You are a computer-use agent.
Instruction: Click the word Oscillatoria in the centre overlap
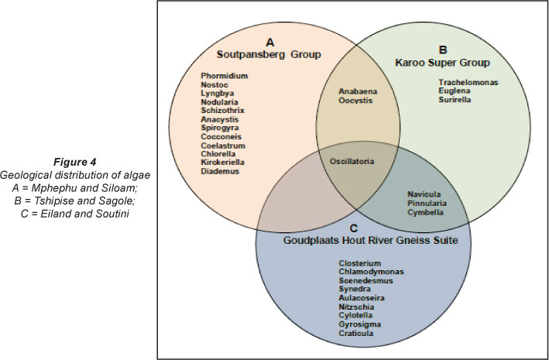354,161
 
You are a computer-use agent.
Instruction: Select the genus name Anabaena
355,91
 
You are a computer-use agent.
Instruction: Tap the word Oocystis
355,101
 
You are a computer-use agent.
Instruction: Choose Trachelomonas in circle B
468,82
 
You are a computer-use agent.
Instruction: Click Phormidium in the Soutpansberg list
224,76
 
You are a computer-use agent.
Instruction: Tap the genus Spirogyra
221,128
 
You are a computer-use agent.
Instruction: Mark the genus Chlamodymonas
371,272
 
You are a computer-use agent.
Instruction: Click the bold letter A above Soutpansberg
269,43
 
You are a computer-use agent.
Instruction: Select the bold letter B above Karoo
444,48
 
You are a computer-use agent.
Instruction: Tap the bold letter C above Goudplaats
354,229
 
